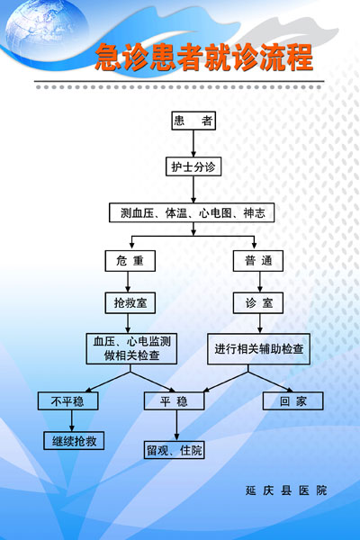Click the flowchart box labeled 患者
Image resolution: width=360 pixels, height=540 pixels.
click(193, 121)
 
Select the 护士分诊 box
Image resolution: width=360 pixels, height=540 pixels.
click(193, 166)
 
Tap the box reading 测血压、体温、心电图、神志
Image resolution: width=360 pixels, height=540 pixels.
click(192, 212)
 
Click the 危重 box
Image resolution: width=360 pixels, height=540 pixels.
click(130, 261)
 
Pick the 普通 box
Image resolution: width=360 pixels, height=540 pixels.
click(258, 261)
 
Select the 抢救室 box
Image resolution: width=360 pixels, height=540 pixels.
click(130, 303)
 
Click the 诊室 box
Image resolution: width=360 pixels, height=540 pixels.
click(258, 303)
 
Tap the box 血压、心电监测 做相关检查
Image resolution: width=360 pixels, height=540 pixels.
click(131, 348)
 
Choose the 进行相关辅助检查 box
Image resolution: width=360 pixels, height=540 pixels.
click(258, 349)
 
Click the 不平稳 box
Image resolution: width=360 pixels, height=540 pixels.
click(67, 400)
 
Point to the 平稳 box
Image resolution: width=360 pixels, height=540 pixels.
click(174, 400)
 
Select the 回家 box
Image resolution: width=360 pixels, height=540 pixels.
click(293, 400)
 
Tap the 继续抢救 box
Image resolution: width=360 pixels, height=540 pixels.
click(74, 441)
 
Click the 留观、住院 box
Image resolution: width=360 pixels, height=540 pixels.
click(175, 450)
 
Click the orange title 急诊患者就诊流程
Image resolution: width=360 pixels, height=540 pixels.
click(204, 58)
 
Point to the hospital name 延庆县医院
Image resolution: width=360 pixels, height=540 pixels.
click(286, 490)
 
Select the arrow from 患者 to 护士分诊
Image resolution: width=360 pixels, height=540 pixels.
click(193, 144)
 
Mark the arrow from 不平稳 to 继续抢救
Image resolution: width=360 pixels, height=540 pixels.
click(72, 421)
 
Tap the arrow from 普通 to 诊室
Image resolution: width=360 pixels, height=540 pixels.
click(260, 282)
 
